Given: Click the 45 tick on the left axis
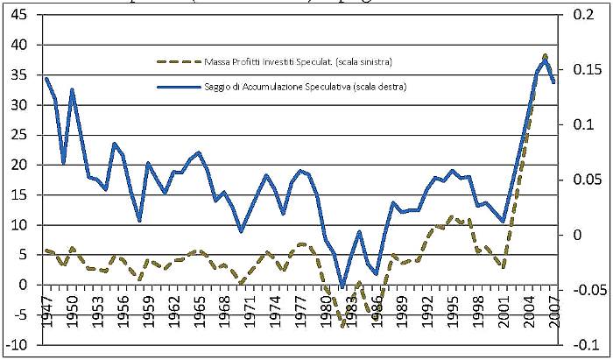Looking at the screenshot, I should point(20,15).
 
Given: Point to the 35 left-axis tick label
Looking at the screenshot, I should point(20,74).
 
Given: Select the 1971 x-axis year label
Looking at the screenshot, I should point(250,309).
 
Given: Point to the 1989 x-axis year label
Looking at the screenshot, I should point(404,309).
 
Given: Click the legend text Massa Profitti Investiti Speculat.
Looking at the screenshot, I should point(297,62).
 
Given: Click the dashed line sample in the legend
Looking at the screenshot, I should point(177,62).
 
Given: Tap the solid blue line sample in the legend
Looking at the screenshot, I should point(177,86).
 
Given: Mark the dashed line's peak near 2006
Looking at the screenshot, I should point(546,55).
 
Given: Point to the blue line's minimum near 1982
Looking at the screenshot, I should point(342,286).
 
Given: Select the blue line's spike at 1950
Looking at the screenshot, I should point(72,89).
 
